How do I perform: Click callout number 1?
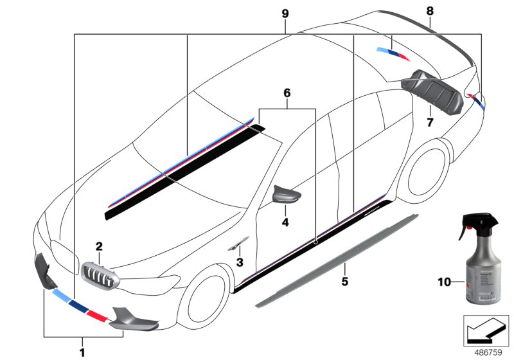pyautogui.click(x=82, y=351)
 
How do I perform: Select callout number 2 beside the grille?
pyautogui.click(x=99, y=246)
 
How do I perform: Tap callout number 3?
pyautogui.click(x=239, y=262)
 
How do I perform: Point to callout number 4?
pyautogui.click(x=285, y=223)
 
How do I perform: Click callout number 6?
pyautogui.click(x=287, y=93)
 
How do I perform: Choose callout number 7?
pyautogui.click(x=430, y=120)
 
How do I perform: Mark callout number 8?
pyautogui.click(x=429, y=10)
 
